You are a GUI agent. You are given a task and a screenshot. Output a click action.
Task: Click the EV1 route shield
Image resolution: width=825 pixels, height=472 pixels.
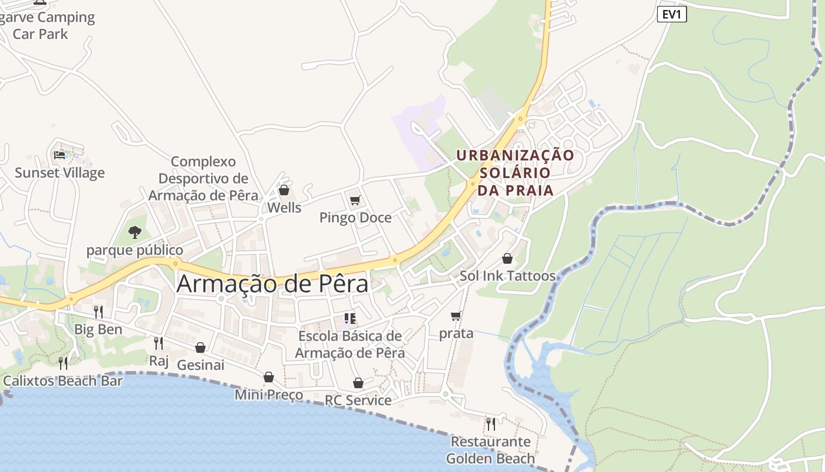(x=672, y=14)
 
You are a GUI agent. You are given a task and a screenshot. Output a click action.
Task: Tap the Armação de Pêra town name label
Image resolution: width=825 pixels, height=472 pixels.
(x=272, y=284)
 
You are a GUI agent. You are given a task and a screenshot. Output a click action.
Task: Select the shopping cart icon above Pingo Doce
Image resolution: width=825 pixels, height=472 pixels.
(x=355, y=201)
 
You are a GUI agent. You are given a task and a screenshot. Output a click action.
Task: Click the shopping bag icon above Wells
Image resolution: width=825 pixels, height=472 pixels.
(x=284, y=190)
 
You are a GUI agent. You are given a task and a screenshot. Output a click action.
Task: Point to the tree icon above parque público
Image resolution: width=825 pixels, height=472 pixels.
(x=135, y=232)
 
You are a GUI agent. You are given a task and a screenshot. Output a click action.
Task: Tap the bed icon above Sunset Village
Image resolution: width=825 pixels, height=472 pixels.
(x=60, y=155)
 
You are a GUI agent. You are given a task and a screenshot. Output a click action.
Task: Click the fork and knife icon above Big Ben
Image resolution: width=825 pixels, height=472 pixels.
(x=98, y=312)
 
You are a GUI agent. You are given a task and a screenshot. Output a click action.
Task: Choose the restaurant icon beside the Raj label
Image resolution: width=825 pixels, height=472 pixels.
(x=159, y=343)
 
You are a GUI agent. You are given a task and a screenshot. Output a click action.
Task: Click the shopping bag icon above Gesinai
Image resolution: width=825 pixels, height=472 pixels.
(x=200, y=348)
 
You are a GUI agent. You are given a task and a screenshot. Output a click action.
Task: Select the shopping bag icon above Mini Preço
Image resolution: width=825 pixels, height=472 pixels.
(x=269, y=377)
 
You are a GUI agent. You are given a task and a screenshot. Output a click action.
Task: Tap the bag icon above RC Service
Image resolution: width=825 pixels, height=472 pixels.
(x=358, y=383)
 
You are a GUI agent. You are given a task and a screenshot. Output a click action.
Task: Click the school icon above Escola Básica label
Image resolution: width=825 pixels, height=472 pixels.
(x=350, y=319)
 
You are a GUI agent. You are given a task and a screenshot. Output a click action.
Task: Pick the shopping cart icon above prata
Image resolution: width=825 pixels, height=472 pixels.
(x=456, y=316)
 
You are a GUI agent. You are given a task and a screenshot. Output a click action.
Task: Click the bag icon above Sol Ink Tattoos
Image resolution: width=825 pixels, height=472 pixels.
(x=507, y=258)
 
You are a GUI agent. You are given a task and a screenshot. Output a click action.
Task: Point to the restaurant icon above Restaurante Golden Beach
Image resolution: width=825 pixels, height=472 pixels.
(x=490, y=424)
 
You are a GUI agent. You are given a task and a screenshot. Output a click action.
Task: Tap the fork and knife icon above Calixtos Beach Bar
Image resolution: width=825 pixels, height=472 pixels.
(x=63, y=363)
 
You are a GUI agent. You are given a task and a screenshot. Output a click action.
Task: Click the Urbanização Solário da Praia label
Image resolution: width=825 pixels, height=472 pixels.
(x=515, y=172)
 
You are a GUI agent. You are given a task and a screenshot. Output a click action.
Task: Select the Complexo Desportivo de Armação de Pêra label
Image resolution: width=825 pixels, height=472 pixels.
(x=203, y=178)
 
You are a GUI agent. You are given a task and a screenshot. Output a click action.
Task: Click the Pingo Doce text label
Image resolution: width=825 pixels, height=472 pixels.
(x=355, y=218)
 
